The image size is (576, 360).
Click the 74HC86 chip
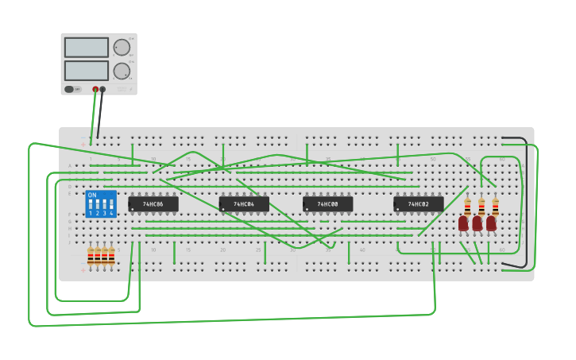click(x=153, y=204)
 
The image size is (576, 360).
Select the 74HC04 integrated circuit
click(x=244, y=204)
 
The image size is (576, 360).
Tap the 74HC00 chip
click(x=327, y=204)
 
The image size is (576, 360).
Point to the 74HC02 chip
click(x=418, y=204)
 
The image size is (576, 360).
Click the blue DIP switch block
click(x=101, y=203)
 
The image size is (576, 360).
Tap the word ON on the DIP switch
click(x=92, y=195)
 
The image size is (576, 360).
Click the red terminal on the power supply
click(x=95, y=89)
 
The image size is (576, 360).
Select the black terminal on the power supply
click(x=102, y=89)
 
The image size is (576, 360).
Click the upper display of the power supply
click(x=87, y=48)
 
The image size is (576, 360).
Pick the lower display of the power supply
click(x=87, y=71)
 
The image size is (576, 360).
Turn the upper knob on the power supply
click(x=122, y=47)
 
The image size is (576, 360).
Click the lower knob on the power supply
click(x=122, y=71)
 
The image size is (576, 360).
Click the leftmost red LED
click(x=463, y=223)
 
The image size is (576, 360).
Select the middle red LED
click(x=477, y=223)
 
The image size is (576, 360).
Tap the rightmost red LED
click(x=491, y=223)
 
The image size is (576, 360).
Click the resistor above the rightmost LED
click(x=495, y=207)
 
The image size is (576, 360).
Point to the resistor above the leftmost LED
click(x=467, y=207)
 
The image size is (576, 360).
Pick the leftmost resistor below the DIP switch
click(x=91, y=256)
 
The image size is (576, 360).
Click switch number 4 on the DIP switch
click(x=110, y=208)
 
